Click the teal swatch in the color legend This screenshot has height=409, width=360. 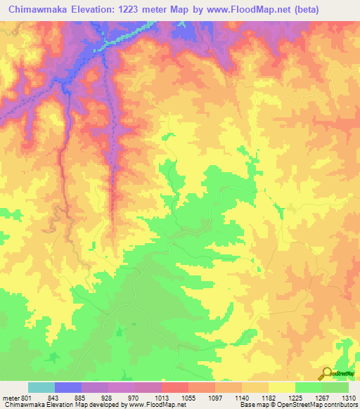point(41,387)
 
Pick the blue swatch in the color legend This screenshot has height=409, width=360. point(68,387)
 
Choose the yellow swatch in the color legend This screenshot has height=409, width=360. point(281,387)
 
